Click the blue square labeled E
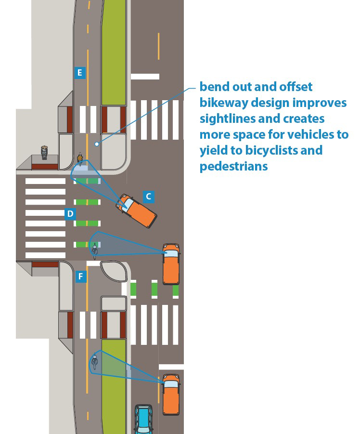[x=80, y=73]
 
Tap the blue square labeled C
[x=148, y=196]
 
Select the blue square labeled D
[x=70, y=213]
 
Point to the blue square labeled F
[x=80, y=276]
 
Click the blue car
[x=143, y=420]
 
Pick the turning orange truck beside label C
[x=137, y=210]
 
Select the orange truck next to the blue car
[x=171, y=394]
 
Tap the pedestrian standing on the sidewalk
[x=44, y=152]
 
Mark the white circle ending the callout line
[x=97, y=144]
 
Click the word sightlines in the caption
[x=229, y=119]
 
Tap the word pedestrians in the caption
[x=234, y=166]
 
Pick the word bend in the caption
[x=214, y=87]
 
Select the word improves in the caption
[x=319, y=103]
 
